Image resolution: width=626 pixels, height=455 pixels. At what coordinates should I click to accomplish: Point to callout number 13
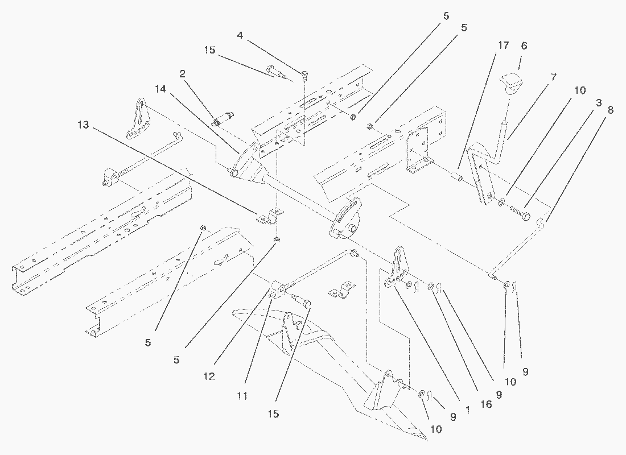point(84,125)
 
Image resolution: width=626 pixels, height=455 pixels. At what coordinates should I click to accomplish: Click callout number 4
point(240,36)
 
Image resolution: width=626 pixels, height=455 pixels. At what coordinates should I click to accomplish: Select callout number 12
point(209,376)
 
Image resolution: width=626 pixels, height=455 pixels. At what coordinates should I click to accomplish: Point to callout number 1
point(467,409)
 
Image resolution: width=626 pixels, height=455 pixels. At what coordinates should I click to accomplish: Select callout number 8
point(609,110)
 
